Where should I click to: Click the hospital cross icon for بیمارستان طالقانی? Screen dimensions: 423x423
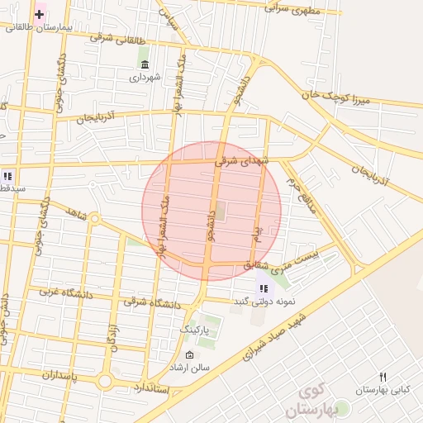click(39, 14)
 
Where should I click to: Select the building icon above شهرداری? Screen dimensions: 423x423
click(145, 64)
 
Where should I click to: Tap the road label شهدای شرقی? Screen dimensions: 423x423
click(243, 162)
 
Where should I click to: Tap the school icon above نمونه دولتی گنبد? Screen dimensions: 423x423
click(263, 288)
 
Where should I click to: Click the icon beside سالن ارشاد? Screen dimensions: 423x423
click(191, 355)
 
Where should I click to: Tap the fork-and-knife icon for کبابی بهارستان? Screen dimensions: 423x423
click(383, 377)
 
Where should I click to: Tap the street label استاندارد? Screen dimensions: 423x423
click(150, 387)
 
